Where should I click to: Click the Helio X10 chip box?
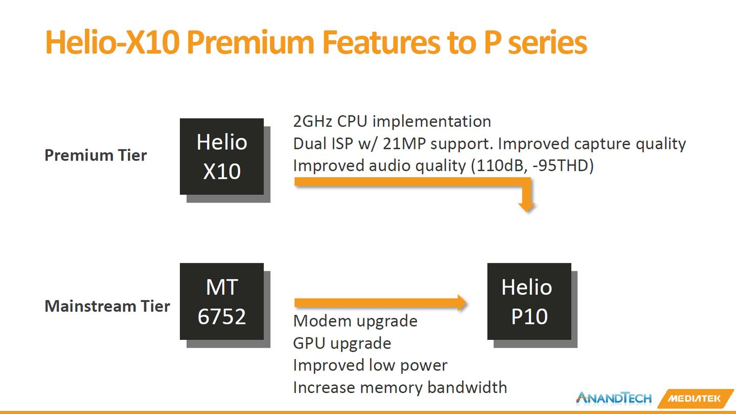(222, 156)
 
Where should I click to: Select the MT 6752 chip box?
(222, 302)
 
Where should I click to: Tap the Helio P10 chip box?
(529, 302)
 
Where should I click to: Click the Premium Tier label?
(96, 155)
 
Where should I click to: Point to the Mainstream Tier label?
(107, 306)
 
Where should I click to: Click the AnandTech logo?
(613, 398)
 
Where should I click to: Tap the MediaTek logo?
(696, 399)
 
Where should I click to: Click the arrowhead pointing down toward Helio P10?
(526, 207)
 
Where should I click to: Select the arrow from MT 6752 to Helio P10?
(380, 303)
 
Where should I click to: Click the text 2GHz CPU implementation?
(392, 122)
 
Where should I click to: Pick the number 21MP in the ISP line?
(404, 144)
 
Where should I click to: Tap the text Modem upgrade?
(355, 321)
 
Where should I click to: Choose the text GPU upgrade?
(342, 343)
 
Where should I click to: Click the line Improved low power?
(370, 365)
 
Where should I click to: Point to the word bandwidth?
(467, 387)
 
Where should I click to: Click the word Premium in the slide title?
(250, 42)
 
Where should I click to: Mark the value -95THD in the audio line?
(560, 165)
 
